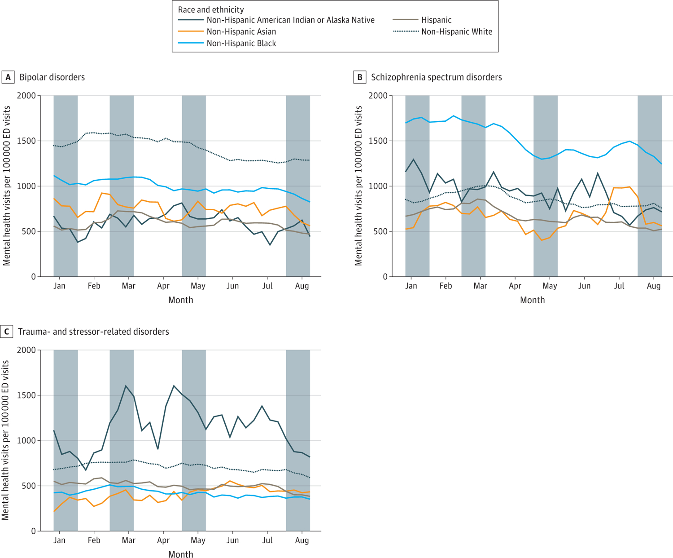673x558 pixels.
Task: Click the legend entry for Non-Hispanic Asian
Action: pos(241,31)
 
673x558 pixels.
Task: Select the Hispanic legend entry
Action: pos(436,20)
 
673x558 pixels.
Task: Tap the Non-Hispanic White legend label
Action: pos(456,31)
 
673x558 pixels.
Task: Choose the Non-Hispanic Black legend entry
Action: pos(241,43)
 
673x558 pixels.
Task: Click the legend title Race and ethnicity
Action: pos(211,9)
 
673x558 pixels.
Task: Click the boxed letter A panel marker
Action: pos(8,77)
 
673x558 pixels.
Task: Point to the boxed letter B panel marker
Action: pos(359,77)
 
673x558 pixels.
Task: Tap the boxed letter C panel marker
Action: pos(6,332)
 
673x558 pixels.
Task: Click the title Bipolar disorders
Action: pos(52,77)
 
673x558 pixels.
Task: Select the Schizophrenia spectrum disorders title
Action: pos(436,77)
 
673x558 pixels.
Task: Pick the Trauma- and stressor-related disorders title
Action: pos(93,332)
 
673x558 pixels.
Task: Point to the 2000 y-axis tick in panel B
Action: pos(378,95)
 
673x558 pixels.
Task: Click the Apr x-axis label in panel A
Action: pos(163,286)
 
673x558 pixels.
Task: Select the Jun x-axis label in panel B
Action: pos(584,286)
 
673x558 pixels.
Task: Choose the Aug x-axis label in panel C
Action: pos(302,540)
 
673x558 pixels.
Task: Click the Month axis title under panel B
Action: pos(532,300)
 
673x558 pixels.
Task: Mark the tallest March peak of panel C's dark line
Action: pos(126,386)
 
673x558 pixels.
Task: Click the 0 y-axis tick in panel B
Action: pos(385,277)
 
